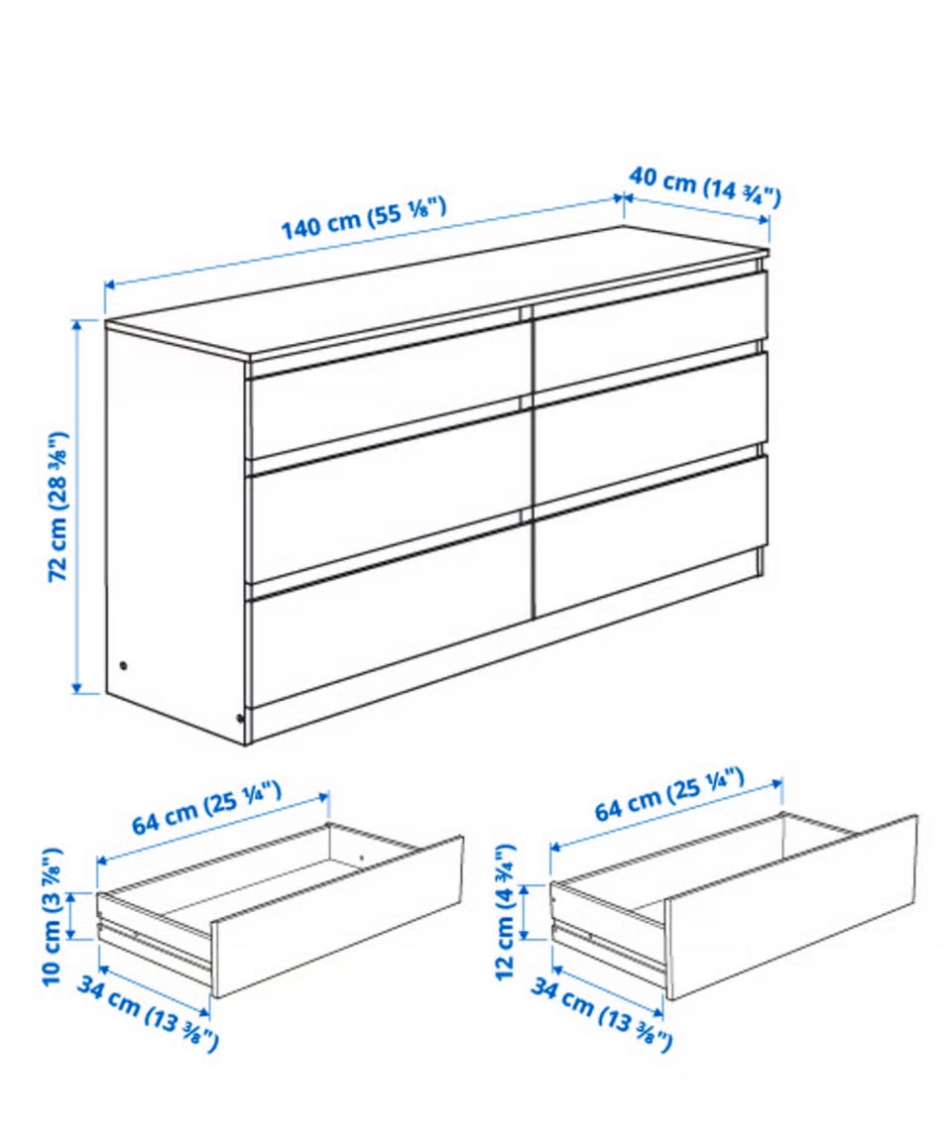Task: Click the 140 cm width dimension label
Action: [x=363, y=217]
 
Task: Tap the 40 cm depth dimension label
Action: [x=705, y=185]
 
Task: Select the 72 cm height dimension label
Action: [x=59, y=507]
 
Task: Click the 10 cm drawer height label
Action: [x=52, y=916]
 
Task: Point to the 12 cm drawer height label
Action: [x=506, y=911]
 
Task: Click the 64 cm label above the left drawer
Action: [x=207, y=807]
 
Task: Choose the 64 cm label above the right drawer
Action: [x=669, y=793]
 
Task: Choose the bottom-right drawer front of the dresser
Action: [x=651, y=535]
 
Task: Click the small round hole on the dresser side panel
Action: [x=122, y=665]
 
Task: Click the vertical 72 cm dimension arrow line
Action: [x=76, y=507]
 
